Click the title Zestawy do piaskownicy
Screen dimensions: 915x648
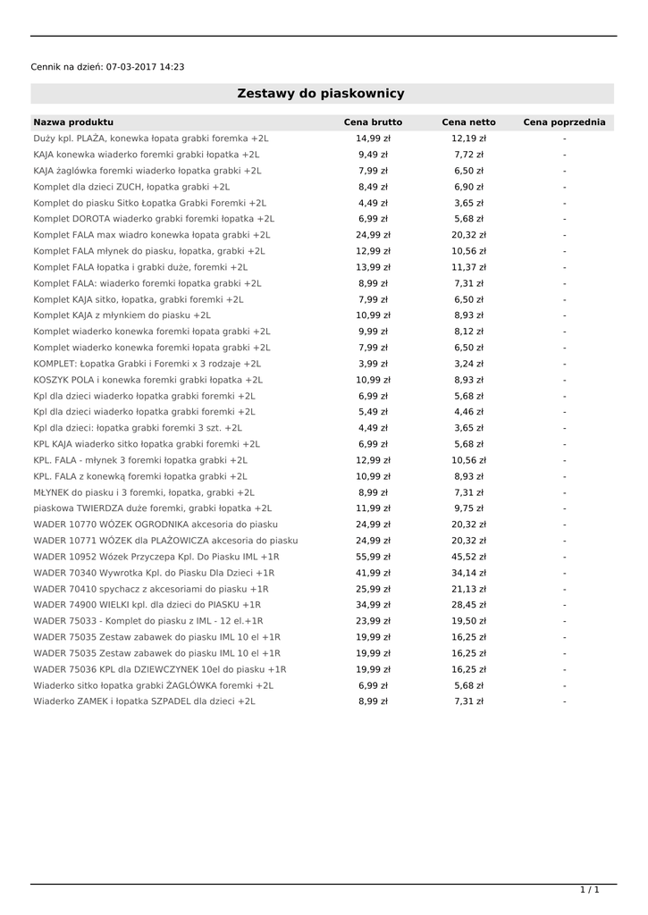(321, 94)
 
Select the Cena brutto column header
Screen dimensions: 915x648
(373, 122)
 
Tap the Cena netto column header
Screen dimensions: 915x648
(468, 122)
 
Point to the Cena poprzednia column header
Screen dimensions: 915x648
(564, 122)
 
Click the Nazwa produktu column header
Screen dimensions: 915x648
(73, 122)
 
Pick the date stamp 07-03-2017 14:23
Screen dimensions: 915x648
(145, 67)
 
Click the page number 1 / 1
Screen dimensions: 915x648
(589, 890)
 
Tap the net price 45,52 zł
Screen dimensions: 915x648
(468, 557)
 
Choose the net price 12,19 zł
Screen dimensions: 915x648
(468, 139)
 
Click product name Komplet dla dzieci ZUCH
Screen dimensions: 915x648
(131, 187)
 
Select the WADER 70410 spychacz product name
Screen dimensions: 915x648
(151, 589)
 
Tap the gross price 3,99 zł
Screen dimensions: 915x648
(373, 364)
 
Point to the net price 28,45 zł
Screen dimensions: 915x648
(468, 605)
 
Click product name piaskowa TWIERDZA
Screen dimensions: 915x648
(153, 508)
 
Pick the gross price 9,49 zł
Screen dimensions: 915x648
(373, 155)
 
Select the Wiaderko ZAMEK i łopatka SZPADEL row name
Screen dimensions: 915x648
(144, 701)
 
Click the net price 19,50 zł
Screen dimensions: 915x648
(468, 621)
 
